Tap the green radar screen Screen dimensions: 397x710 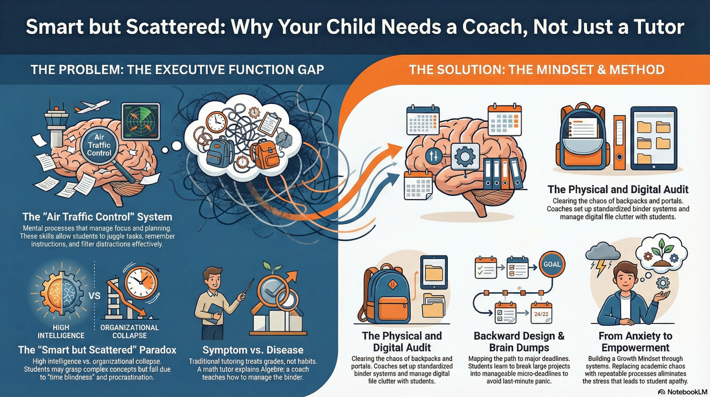click(141, 121)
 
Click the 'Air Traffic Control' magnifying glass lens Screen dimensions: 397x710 click(99, 145)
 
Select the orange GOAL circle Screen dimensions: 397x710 click(552, 264)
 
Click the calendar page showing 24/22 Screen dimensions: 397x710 click(541, 313)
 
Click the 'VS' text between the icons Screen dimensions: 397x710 click(94, 296)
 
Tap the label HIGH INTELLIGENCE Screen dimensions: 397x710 click(61, 331)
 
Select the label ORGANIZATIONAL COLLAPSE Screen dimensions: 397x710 click(130, 331)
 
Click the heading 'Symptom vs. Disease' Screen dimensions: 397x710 click(253, 350)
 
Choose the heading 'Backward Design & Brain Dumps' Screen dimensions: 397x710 click(519, 342)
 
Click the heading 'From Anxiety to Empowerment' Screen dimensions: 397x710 click(635, 342)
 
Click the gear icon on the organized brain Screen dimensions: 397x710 click(465, 156)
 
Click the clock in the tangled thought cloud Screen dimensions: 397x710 click(216, 122)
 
